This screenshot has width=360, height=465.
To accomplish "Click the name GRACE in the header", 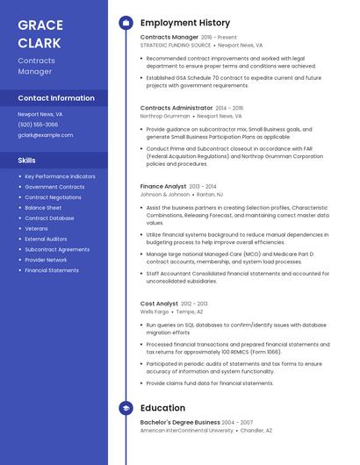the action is click(x=39, y=25).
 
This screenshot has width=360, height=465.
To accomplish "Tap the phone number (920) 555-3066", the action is click(x=38, y=125).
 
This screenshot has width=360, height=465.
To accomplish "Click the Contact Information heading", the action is click(x=56, y=98).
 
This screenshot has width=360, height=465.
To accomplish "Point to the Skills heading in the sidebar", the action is click(x=27, y=161).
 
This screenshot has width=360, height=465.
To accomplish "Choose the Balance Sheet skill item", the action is click(x=43, y=208).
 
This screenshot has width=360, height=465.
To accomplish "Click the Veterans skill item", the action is click(x=36, y=228).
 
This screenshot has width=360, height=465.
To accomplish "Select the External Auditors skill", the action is click(x=46, y=239).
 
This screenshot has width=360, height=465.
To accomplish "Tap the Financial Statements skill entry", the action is click(x=52, y=270).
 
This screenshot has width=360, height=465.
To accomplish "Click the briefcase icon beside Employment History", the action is click(x=126, y=23).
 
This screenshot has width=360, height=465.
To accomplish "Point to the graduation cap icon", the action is click(x=126, y=408).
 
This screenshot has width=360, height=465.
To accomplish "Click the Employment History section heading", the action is click(x=185, y=23).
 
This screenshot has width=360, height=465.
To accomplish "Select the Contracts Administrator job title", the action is click(x=176, y=108).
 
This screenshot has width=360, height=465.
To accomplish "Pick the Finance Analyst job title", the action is click(x=163, y=186).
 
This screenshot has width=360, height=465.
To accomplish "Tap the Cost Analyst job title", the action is click(x=159, y=304).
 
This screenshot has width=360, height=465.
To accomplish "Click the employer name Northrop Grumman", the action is click(x=165, y=116).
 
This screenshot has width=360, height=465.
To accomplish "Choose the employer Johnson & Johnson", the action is click(x=165, y=194).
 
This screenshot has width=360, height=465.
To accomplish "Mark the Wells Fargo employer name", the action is click(x=155, y=311).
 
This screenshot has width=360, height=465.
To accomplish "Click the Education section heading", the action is click(x=162, y=408).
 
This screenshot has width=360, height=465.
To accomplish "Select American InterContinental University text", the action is click(x=187, y=431).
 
